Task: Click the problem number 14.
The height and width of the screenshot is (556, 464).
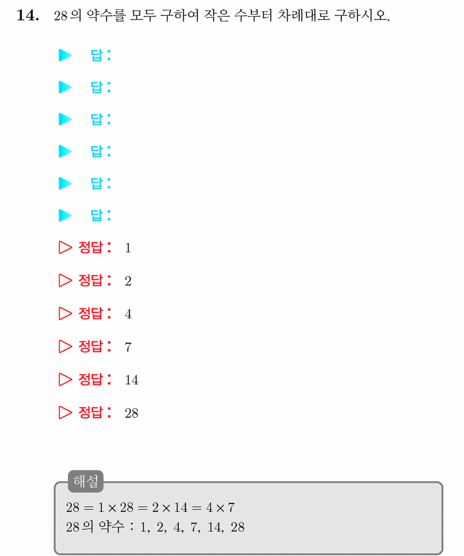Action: point(28,16)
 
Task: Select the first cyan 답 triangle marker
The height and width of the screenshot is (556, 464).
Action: point(65,55)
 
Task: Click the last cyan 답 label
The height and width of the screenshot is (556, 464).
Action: point(97,215)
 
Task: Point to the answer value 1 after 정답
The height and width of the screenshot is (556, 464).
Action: point(128,248)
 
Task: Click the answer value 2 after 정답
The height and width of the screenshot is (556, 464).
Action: point(128,281)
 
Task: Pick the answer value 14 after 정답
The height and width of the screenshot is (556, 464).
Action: point(131,380)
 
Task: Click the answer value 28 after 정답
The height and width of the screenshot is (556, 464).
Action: point(131,413)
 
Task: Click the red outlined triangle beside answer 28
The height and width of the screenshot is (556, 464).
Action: point(65,413)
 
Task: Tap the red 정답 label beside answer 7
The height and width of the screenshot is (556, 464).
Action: point(90,346)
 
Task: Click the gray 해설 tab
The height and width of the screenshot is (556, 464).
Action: point(86,481)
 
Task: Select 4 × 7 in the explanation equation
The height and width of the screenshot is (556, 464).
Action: point(220,508)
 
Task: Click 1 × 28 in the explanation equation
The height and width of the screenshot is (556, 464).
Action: point(116,508)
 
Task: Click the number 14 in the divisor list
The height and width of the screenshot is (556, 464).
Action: point(215,527)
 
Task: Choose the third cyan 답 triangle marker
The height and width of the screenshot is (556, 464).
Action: point(65,119)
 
